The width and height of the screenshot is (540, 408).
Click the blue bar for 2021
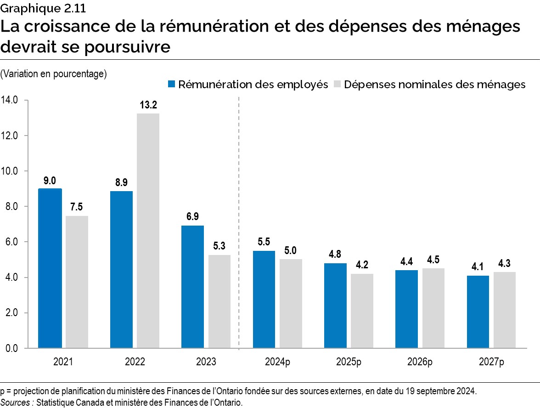50,268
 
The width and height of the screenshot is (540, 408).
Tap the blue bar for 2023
193,287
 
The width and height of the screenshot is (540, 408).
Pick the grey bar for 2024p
291,304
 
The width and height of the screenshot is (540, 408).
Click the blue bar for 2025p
335,306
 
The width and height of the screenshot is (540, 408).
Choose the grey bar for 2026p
433,308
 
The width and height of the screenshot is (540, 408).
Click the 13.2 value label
148,105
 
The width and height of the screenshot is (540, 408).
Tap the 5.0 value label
291,250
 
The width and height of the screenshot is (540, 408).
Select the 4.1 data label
478,266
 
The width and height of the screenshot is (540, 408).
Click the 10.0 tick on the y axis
9,171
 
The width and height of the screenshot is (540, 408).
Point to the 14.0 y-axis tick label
9,100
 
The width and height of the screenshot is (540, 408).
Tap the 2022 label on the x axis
135,362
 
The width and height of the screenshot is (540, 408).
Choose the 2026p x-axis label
420,362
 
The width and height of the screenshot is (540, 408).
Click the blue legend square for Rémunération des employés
172,84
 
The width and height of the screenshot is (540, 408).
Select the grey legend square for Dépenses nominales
337,84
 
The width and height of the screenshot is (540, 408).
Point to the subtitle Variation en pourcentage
54,74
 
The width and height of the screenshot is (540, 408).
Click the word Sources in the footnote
16,402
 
